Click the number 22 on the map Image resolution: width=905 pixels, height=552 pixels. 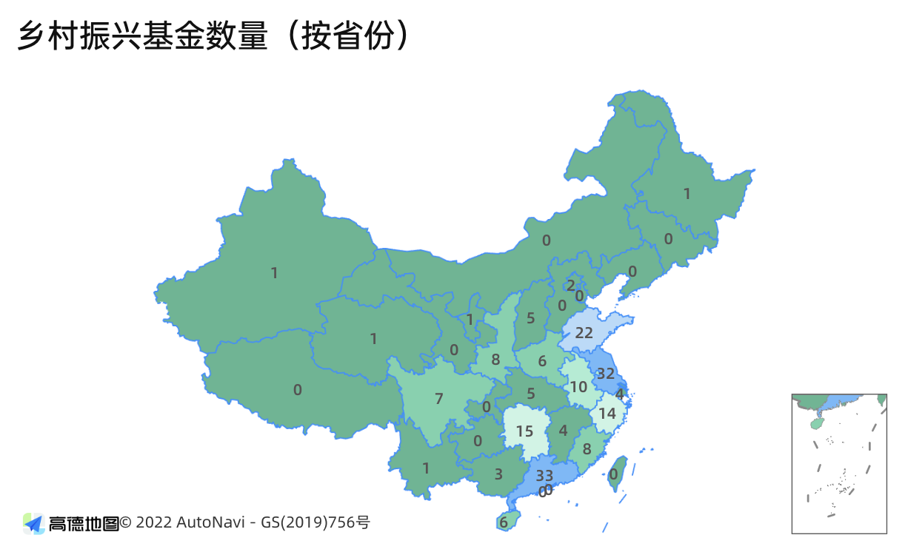point(584,333)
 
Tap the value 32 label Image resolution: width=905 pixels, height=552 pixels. point(606,374)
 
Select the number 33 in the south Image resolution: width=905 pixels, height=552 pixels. point(544,475)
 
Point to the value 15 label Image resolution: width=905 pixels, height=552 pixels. point(524,431)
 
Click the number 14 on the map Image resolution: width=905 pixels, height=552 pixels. point(607,413)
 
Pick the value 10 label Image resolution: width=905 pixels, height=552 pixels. point(578,386)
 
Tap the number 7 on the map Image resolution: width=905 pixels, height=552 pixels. point(438,399)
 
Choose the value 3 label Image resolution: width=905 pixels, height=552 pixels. point(498,474)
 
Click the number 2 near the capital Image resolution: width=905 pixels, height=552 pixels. point(570,285)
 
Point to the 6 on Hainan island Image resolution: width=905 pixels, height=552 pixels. point(504,522)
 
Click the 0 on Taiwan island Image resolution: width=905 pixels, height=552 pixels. point(613,474)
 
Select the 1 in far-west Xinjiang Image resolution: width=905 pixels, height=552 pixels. point(274,273)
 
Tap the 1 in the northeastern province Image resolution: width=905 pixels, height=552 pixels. point(687,194)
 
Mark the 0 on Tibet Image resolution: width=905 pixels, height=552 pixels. point(298,390)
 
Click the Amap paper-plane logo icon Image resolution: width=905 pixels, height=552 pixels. point(34,523)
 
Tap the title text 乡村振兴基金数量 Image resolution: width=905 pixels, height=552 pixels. point(141,37)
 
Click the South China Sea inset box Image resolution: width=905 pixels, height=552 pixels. point(839,464)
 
